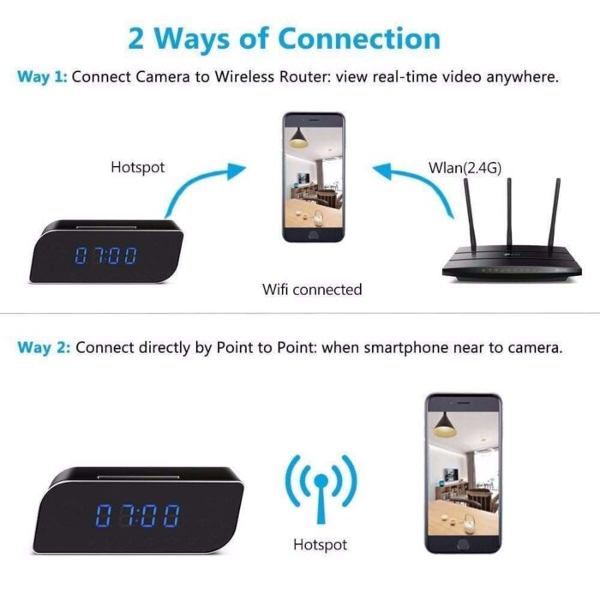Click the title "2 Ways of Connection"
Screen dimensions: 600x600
(285, 39)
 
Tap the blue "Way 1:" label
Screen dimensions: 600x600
(42, 77)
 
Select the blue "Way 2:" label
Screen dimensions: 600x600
(44, 348)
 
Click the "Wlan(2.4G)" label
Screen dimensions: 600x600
(465, 168)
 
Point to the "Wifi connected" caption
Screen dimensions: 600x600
(312, 290)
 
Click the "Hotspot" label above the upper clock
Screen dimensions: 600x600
(138, 168)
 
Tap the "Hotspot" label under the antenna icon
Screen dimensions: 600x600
(321, 544)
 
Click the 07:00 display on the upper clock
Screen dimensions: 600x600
(105, 255)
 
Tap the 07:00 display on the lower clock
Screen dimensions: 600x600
(137, 515)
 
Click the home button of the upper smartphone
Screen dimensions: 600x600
(313, 235)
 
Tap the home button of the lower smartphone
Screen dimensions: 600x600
(463, 544)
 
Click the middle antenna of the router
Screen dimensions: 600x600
(509, 213)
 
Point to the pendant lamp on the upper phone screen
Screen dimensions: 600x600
(298, 138)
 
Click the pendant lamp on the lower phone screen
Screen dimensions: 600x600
(444, 425)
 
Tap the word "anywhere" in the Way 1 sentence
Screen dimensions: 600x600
(522, 77)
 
